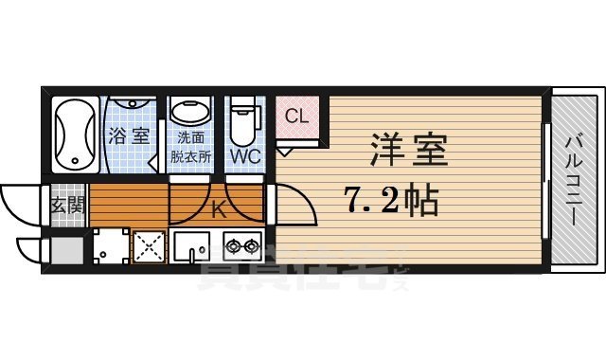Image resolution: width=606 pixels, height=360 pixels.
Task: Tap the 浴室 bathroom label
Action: [x=128, y=135]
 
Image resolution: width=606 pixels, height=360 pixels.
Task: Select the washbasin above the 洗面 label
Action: [x=193, y=113]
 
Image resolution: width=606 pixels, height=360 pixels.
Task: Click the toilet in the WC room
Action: [x=245, y=117]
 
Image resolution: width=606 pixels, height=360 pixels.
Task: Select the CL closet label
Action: [x=297, y=117]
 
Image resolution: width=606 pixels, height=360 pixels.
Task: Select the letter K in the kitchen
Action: [x=218, y=210]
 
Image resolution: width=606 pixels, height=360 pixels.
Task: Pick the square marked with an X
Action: [x=149, y=246]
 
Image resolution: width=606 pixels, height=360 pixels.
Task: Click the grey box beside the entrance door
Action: [x=66, y=250]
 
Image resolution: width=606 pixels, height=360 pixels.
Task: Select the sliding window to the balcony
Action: [x=544, y=180]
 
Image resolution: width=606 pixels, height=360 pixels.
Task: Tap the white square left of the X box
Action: [x=109, y=246]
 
